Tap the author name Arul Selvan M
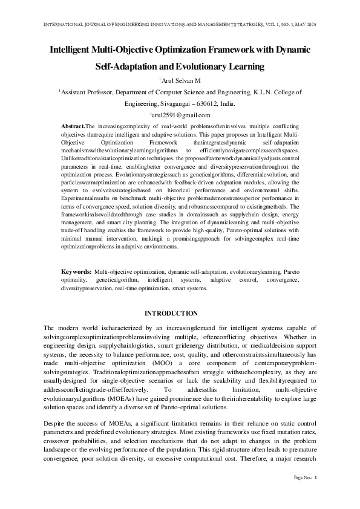pyautogui.click(x=182, y=80)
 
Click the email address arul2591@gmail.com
pyautogui.click(x=181, y=114)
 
